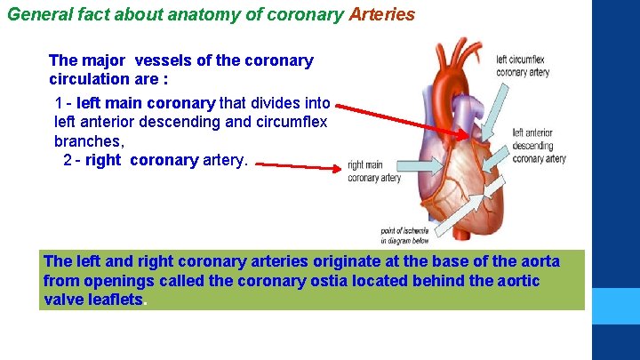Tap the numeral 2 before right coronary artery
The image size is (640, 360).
(68, 160)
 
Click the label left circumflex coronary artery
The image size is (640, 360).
(523, 66)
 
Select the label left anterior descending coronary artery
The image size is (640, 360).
(538, 146)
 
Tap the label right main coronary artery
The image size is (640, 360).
(373, 171)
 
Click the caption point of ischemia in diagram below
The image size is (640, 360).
(404, 235)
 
